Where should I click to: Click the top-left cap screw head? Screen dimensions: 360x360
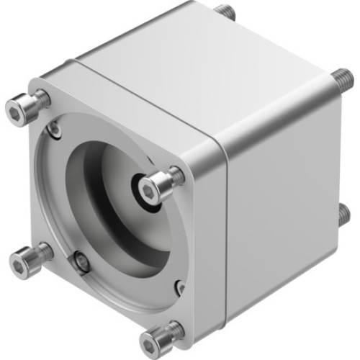pos(19,109)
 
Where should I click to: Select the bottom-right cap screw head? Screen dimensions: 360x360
pos(156,338)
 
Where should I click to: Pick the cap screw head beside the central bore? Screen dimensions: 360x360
pos(152,186)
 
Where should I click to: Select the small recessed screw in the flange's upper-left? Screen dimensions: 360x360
pos(54,129)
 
